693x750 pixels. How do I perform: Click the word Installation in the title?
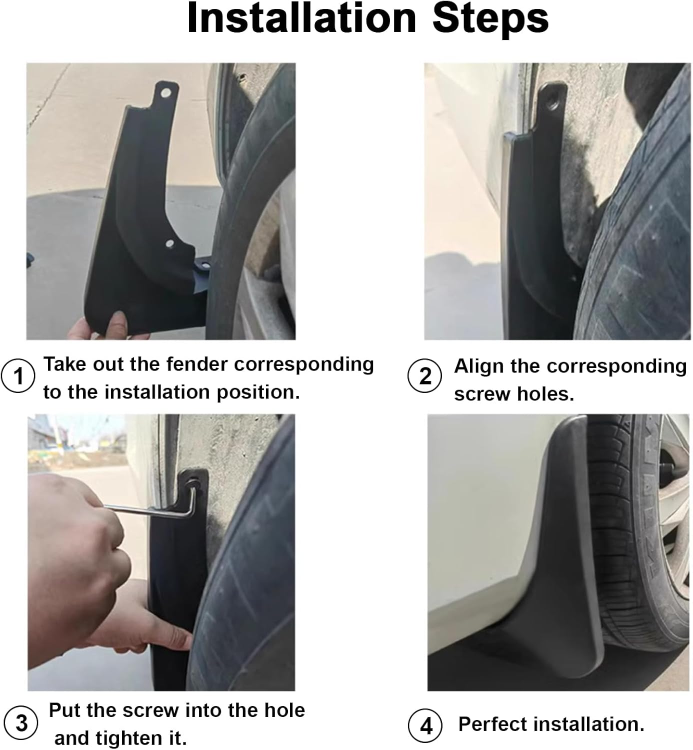pyautogui.click(x=301, y=18)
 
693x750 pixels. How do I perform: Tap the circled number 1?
pyautogui.click(x=18, y=376)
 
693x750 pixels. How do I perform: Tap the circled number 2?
pyautogui.click(x=424, y=376)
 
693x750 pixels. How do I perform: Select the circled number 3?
pyautogui.click(x=21, y=723)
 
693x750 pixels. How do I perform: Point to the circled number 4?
pyautogui.click(x=425, y=725)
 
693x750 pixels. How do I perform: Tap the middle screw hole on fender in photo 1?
pyautogui.click(x=169, y=244)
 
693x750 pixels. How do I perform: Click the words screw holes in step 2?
pyautogui.click(x=514, y=394)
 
